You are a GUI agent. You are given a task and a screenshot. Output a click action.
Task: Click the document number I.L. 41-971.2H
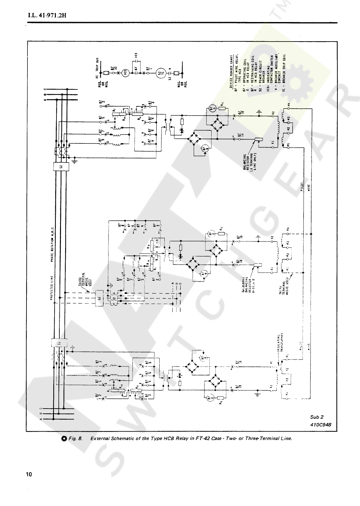(x=47, y=15)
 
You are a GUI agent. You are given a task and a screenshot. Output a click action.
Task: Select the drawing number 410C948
(x=320, y=425)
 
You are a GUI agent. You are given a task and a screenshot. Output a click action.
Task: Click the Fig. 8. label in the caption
(x=75, y=439)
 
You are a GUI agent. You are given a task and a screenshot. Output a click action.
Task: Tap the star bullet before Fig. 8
(x=64, y=439)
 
